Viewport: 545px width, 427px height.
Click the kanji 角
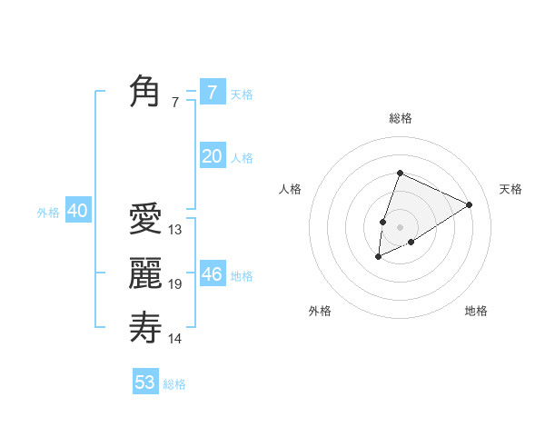145,92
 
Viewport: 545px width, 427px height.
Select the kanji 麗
145,273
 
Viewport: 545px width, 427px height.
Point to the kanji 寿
145,327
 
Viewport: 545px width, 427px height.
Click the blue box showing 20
212,156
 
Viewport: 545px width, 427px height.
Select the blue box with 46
212,273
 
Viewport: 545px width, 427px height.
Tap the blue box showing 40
77,212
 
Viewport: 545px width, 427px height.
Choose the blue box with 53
145,382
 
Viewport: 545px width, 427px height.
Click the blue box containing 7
212,92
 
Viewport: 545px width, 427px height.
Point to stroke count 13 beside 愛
175,230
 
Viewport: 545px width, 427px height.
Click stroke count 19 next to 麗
175,284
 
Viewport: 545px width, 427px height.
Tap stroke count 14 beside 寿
175,339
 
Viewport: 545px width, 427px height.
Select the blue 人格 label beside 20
242,158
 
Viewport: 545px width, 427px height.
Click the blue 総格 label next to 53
174,384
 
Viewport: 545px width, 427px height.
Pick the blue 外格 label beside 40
48,213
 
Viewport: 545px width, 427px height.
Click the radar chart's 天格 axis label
510,189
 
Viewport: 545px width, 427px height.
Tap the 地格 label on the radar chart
476,311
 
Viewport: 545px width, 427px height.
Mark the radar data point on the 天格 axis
470,204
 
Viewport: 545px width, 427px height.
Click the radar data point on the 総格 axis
400,173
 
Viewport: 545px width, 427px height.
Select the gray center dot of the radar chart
400,227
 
